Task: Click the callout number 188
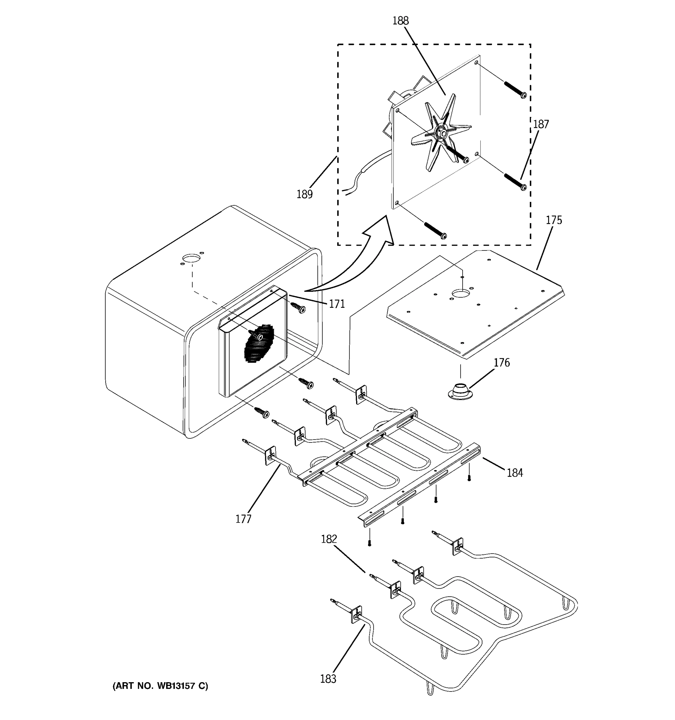click(400, 21)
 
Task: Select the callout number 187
click(541, 124)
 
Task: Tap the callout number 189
click(304, 194)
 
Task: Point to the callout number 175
click(554, 220)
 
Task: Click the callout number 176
click(502, 362)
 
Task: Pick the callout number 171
click(337, 304)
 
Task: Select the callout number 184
click(514, 472)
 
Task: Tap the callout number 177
click(243, 519)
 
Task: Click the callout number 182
click(329, 539)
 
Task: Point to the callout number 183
click(328, 679)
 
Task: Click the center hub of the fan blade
click(441, 133)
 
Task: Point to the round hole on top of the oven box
click(191, 258)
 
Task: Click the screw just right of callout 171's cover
click(299, 307)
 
